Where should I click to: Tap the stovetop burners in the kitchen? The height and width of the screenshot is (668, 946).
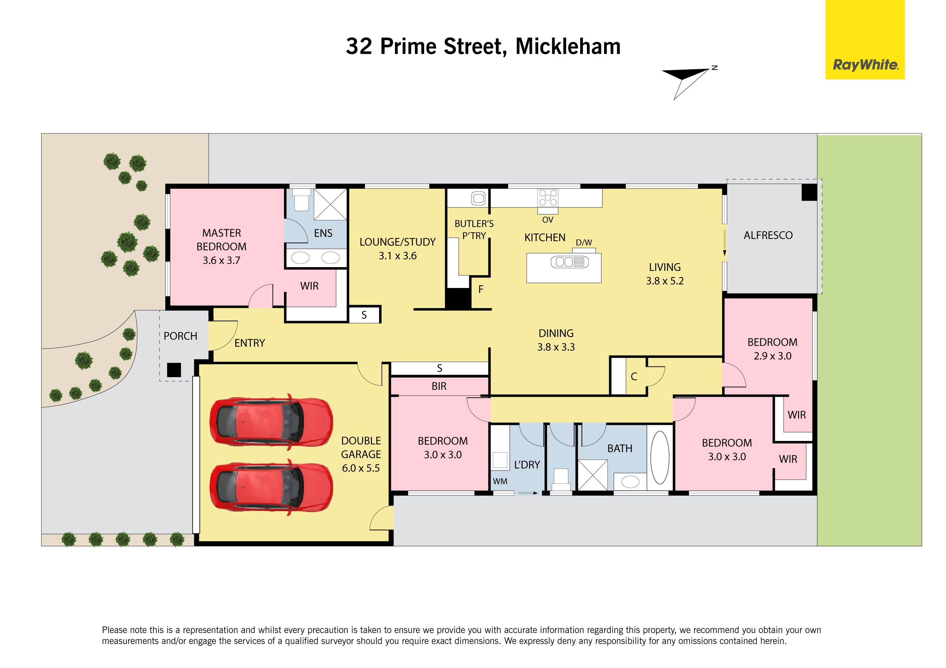(x=548, y=197)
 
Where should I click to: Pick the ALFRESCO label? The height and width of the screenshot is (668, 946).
(x=768, y=235)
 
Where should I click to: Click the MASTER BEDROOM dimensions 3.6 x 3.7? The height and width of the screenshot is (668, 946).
(x=221, y=260)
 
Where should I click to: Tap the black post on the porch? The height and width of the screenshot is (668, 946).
(x=174, y=370)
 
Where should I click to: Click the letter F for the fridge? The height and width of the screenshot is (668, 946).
(x=480, y=290)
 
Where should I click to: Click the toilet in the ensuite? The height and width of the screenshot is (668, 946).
(x=301, y=200)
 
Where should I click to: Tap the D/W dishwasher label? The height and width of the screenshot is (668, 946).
(x=584, y=242)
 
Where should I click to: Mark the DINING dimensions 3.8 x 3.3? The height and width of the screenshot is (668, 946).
(x=556, y=347)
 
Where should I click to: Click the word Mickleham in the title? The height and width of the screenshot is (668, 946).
(x=568, y=46)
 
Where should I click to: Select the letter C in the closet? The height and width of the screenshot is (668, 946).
(x=634, y=376)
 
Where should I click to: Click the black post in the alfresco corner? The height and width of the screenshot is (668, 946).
(x=809, y=192)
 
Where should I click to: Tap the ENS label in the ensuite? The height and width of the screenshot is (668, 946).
(x=323, y=233)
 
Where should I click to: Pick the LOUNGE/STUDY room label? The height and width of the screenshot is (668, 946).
(x=398, y=242)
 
